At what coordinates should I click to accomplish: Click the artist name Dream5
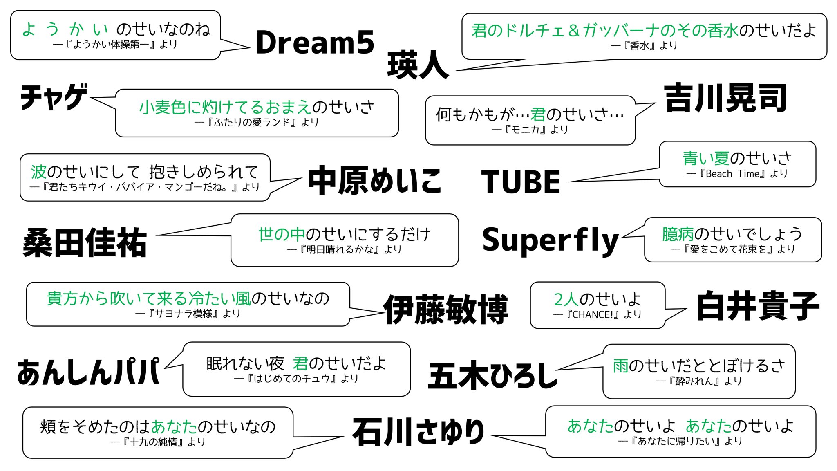pos(315,43)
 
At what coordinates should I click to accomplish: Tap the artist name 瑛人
pos(418,65)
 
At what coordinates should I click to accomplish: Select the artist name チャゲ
pos(54,97)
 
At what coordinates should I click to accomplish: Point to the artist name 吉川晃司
pos(725,98)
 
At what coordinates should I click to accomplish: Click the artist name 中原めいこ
pos(374,180)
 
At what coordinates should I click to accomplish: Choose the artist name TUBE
pos(520,182)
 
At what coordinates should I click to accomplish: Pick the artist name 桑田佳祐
pos(85,243)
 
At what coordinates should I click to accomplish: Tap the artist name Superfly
pos(550,240)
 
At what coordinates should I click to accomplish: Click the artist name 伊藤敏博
pos(445,309)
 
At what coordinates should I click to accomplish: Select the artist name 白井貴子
pos(758,306)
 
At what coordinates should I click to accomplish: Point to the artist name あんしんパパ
pos(88,372)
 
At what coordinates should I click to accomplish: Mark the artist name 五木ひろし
pos(492,375)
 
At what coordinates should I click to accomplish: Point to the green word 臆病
pos(678,234)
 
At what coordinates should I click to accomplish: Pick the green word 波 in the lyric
pos(39,172)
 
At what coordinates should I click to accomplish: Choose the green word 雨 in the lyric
pos(620,366)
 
